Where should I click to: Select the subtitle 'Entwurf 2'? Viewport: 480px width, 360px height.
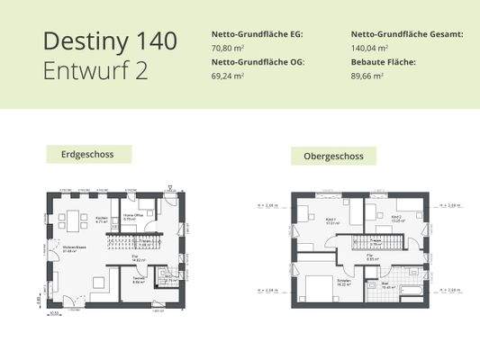pos(95,71)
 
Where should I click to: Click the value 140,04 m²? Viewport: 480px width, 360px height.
pos(370,48)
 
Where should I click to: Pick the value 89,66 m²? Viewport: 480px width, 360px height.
pos(367,76)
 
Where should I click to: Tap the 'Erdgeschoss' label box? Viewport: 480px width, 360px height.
pos(88,155)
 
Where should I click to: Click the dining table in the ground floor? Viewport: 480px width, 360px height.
pos(68,219)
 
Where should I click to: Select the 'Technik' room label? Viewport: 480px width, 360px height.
pos(138,279)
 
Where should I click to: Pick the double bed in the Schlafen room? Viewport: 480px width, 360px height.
pos(318,289)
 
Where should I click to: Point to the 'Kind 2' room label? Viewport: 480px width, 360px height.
pos(396,216)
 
